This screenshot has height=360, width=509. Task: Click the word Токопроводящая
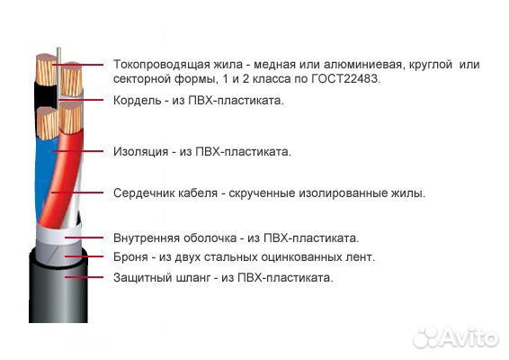pyautogui.click(x=162, y=65)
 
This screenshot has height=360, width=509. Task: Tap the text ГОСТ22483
pyautogui.click(x=345, y=79)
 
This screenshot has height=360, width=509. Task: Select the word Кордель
pyautogui.click(x=137, y=101)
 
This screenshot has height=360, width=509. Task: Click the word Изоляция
pyautogui.click(x=140, y=152)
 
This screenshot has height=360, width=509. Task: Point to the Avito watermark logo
pyautogui.click(x=456, y=337)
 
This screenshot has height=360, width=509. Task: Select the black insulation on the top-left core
pyautogui.click(x=46, y=95)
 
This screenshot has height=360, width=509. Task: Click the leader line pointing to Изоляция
pyautogui.click(x=78, y=151)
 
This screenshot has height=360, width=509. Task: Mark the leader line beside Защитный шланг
pyautogui.click(x=84, y=277)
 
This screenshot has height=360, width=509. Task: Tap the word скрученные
pyautogui.click(x=263, y=193)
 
